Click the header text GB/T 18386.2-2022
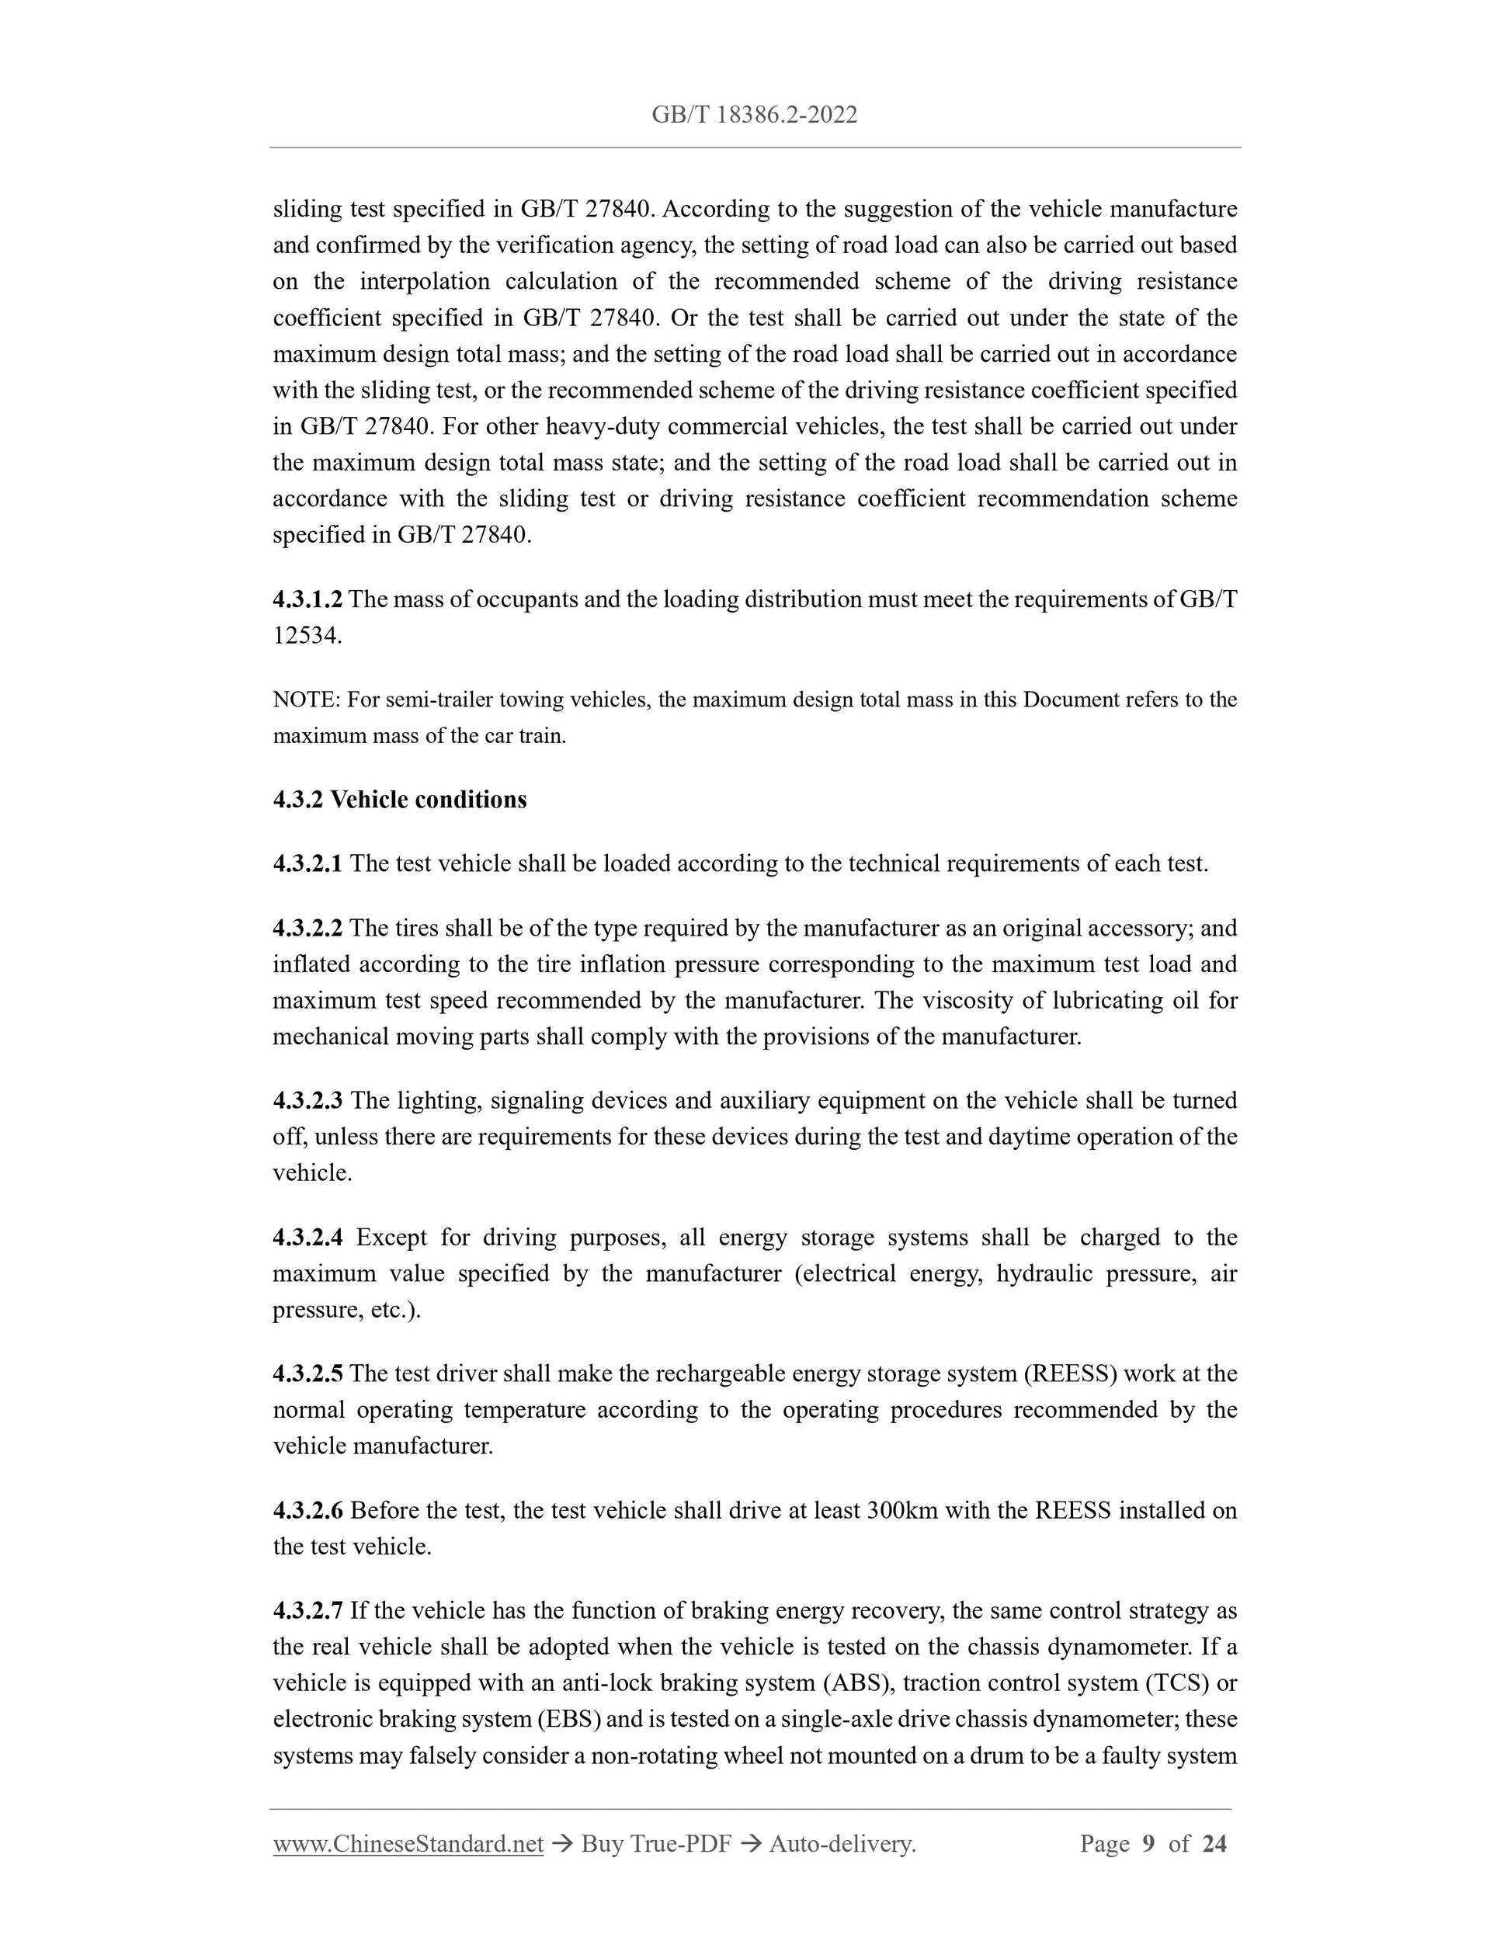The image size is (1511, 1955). click(754, 115)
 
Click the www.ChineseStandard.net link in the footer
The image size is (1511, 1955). click(408, 1843)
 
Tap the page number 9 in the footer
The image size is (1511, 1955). click(1148, 1843)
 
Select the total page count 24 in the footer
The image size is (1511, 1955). click(1214, 1843)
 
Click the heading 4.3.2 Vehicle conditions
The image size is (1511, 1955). click(399, 800)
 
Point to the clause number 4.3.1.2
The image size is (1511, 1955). click(307, 599)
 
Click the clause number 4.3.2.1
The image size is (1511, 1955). click(307, 864)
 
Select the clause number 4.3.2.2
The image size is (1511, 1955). click(307, 929)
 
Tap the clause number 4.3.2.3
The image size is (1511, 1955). click(307, 1101)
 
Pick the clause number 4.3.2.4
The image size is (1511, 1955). click(307, 1238)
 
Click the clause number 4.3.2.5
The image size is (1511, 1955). click(307, 1374)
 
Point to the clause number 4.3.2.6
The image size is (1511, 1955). click(307, 1511)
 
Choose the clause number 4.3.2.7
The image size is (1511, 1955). click(307, 1611)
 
